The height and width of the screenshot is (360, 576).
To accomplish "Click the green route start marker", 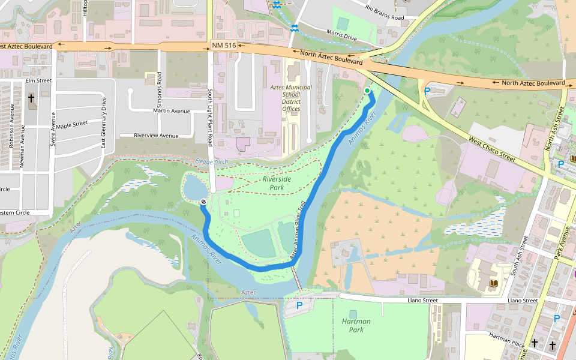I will pyautogui.click(x=367, y=91).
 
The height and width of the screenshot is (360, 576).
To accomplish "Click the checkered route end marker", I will pyautogui.click(x=203, y=202).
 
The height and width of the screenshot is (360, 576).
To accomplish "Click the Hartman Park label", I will pyautogui.click(x=356, y=325).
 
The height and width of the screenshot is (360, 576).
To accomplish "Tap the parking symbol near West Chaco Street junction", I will pyautogui.click(x=427, y=91).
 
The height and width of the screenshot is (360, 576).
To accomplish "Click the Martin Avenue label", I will pyautogui.click(x=172, y=110).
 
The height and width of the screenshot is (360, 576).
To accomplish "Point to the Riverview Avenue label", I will pyautogui.click(x=156, y=136).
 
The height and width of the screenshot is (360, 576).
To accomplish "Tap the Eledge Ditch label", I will pyautogui.click(x=212, y=162).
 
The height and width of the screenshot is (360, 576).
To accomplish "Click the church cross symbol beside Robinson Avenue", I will pyautogui.click(x=31, y=98).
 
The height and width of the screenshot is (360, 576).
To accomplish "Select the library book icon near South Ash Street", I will pyautogui.click(x=494, y=283).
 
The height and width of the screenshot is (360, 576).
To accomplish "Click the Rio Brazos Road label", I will pyautogui.click(x=385, y=13).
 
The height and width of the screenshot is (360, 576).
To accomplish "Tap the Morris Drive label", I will pyautogui.click(x=341, y=37).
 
